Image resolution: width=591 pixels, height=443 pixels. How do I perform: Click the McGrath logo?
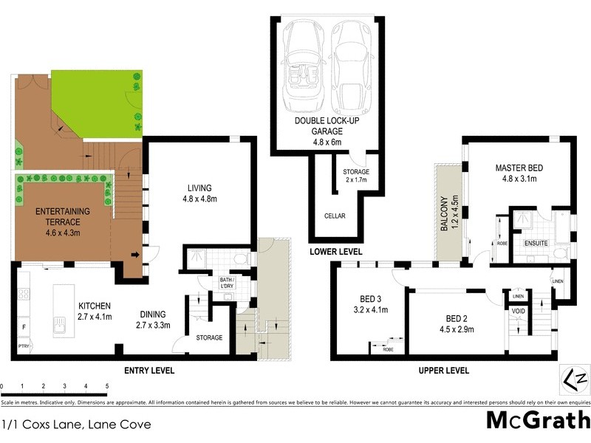pos(537,421)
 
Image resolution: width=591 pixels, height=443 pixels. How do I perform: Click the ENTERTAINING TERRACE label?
pos(63,217)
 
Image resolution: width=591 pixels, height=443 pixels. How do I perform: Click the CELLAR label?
pos(335,216)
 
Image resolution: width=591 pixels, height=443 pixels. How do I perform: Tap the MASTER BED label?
pos(518,173)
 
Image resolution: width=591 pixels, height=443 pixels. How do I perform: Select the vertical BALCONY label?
pos(445,213)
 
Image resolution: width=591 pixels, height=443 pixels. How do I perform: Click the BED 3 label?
pos(368,303)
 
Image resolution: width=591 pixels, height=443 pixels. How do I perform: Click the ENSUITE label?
pos(535,243)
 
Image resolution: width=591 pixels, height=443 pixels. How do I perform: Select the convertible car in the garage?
pos(302,65)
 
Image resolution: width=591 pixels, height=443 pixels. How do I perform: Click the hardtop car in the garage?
pos(349,65)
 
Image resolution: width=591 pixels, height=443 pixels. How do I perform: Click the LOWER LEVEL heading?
pos(337,252)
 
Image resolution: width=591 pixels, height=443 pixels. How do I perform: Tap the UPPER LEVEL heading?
pos(443,371)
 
